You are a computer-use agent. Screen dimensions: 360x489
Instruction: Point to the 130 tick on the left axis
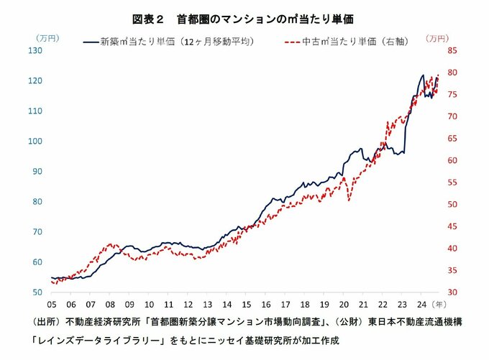click(x=35, y=50)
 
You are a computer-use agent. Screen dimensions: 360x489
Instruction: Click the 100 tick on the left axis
click(x=35, y=141)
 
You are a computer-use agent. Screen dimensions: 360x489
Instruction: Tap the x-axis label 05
click(x=52, y=305)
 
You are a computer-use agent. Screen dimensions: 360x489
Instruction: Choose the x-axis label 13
click(x=206, y=305)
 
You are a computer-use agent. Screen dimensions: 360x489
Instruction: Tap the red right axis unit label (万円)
click(x=437, y=37)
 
